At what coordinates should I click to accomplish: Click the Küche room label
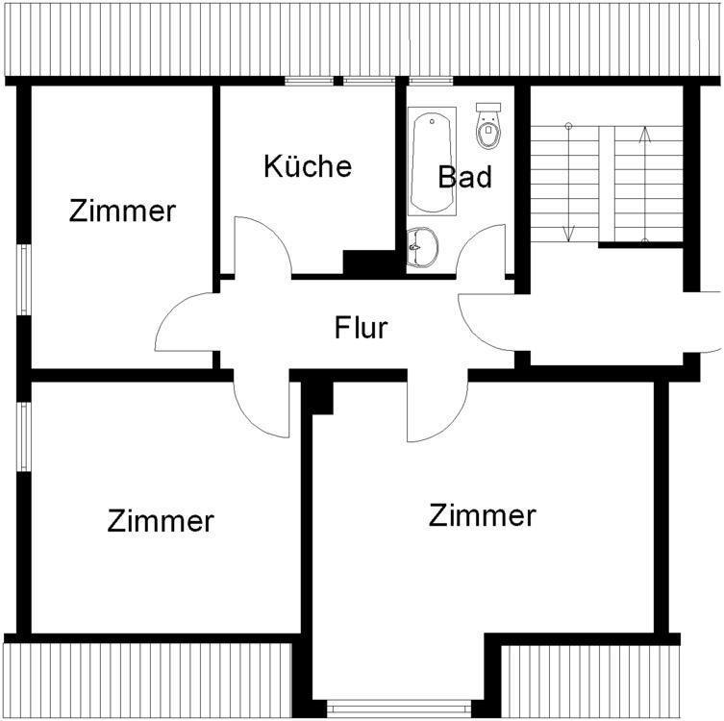[x=308, y=165]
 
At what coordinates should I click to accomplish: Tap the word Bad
[x=464, y=177]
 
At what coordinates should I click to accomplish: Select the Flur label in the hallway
[x=361, y=328]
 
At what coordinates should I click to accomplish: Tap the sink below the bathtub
[x=422, y=247]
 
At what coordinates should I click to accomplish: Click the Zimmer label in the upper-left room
[x=122, y=211]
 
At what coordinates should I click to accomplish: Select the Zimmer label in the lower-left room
[x=160, y=521]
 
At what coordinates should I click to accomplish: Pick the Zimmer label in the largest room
[x=482, y=515]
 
